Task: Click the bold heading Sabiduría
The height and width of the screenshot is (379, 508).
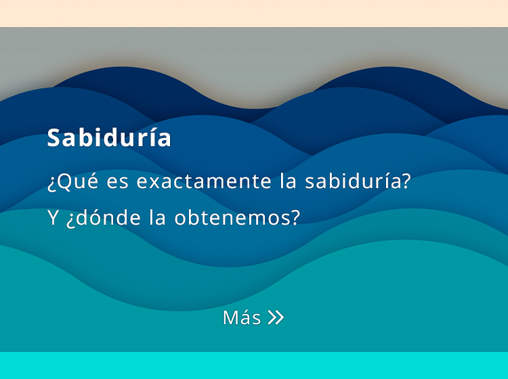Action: [x=109, y=137]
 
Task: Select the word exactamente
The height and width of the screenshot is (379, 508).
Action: [x=204, y=181]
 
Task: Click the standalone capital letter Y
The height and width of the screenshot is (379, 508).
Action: [x=53, y=217]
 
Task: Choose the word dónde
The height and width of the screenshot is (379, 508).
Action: [x=104, y=217]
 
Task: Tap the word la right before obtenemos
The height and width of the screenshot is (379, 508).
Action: [x=157, y=217]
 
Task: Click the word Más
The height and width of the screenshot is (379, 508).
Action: [x=242, y=317]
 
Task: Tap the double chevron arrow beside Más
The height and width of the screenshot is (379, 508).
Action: [x=276, y=317]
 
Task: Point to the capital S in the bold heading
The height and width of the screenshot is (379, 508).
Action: [x=54, y=138]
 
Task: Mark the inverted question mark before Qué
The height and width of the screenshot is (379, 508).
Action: [x=52, y=184]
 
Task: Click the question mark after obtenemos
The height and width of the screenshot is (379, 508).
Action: [x=295, y=217]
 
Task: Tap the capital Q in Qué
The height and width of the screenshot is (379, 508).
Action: [x=65, y=181]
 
